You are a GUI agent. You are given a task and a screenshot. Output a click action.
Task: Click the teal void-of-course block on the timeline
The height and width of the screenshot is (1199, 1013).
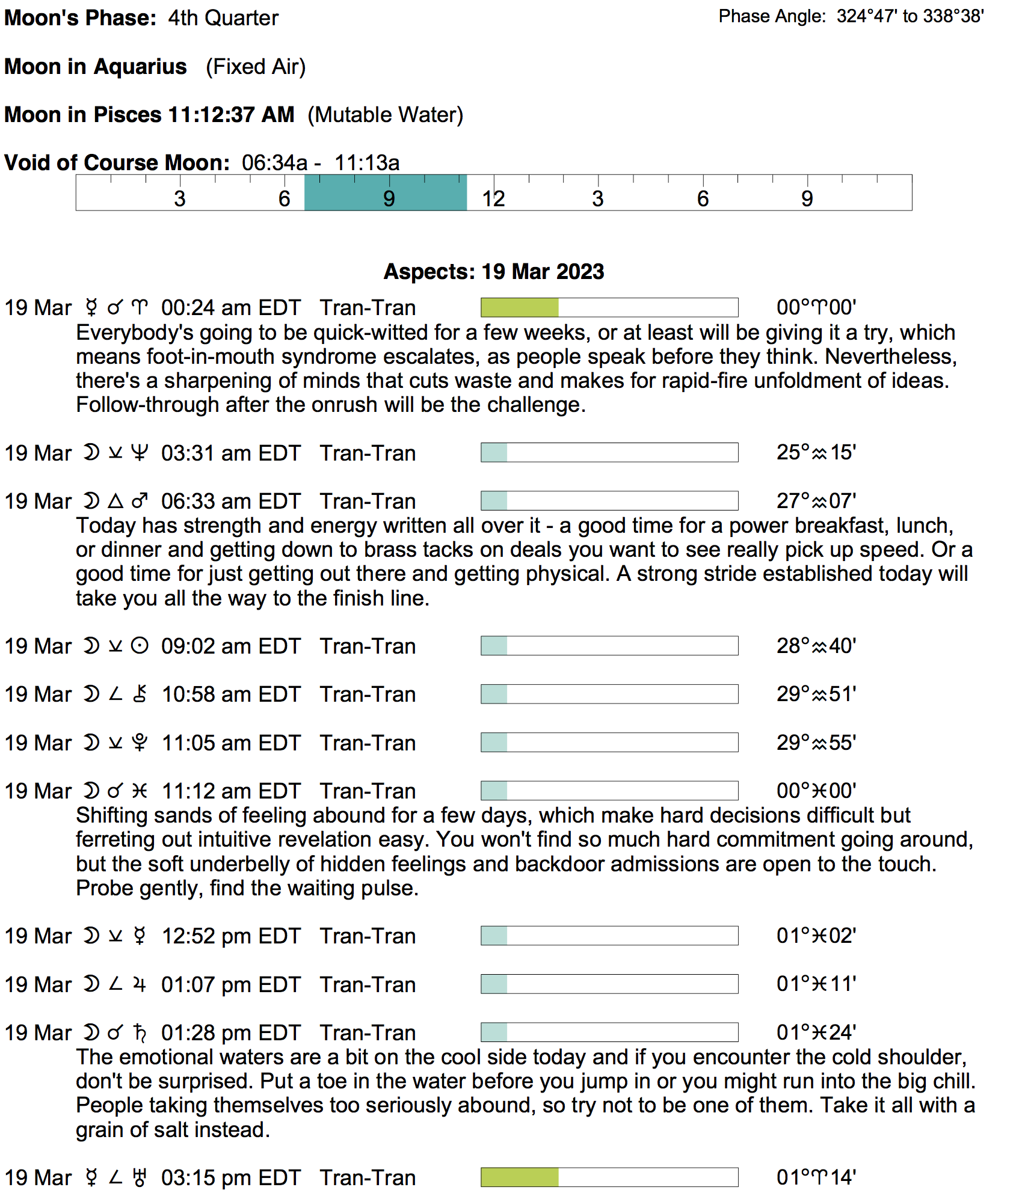coord(385,193)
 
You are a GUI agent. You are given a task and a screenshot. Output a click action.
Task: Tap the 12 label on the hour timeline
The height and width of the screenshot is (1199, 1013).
coord(493,199)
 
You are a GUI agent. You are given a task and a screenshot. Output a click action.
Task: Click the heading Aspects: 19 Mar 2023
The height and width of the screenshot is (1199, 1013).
coord(494,272)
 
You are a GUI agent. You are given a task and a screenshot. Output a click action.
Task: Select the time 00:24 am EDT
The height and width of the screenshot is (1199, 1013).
coord(230,308)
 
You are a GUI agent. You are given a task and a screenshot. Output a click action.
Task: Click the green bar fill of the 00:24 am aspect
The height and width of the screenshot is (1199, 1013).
coord(520,308)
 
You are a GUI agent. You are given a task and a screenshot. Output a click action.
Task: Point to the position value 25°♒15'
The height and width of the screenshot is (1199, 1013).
coord(816,452)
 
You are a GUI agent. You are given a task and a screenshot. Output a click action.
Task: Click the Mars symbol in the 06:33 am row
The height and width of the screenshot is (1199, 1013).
coord(140,501)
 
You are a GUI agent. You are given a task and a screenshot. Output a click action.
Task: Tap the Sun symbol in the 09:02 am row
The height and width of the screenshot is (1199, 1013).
coord(140,646)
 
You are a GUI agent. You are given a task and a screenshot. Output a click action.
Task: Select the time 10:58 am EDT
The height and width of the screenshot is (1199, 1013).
coord(230,695)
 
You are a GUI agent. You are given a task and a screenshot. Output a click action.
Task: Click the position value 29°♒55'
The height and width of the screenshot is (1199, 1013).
coord(816,743)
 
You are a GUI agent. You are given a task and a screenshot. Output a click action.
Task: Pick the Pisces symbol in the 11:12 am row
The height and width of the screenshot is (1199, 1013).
coord(140,791)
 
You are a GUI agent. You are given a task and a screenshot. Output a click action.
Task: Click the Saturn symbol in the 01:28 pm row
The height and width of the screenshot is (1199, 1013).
coord(140,1033)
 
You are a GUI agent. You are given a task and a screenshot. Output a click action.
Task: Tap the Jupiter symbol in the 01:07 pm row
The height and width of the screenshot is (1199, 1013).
coord(140,985)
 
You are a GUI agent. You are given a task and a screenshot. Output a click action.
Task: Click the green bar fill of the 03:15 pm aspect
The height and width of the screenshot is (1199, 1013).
coord(520,1177)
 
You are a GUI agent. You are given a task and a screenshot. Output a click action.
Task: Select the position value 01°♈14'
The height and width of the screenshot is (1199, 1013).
coord(816,1177)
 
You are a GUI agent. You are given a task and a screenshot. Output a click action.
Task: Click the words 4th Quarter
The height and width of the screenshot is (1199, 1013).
coord(223,18)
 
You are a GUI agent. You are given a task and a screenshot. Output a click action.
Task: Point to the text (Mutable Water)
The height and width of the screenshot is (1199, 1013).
coord(385,115)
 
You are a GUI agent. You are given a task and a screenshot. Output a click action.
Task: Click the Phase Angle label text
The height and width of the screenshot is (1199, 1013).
coord(772,16)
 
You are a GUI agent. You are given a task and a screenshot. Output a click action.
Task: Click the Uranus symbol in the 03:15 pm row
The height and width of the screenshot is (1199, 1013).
coord(140,1177)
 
